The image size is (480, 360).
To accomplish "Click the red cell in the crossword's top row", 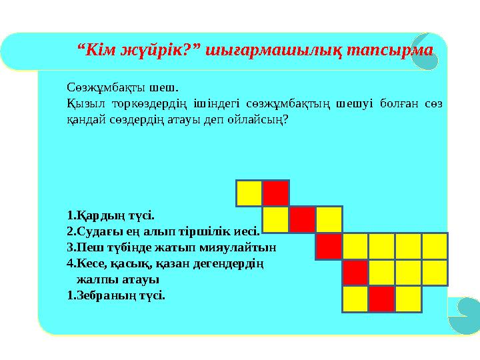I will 275,193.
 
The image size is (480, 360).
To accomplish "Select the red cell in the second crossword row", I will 302,219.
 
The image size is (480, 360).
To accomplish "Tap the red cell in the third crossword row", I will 329,246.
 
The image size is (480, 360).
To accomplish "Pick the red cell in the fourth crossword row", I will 355,273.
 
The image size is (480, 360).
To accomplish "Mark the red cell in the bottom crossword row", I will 382,299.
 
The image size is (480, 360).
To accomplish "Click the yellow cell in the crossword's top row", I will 249,193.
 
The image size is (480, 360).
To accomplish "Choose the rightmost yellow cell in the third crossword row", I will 435,246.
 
